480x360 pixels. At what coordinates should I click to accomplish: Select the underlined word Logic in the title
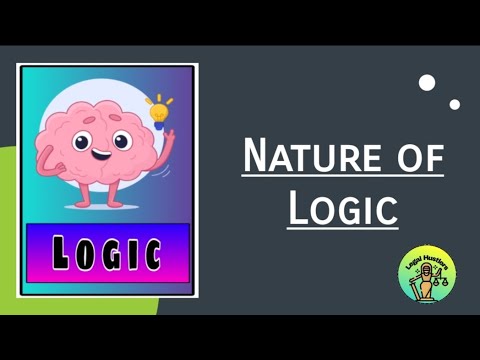342,208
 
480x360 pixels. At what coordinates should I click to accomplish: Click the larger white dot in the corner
428,82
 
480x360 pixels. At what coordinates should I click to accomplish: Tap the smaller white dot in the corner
455,103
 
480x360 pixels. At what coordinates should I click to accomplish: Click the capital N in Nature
255,157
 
